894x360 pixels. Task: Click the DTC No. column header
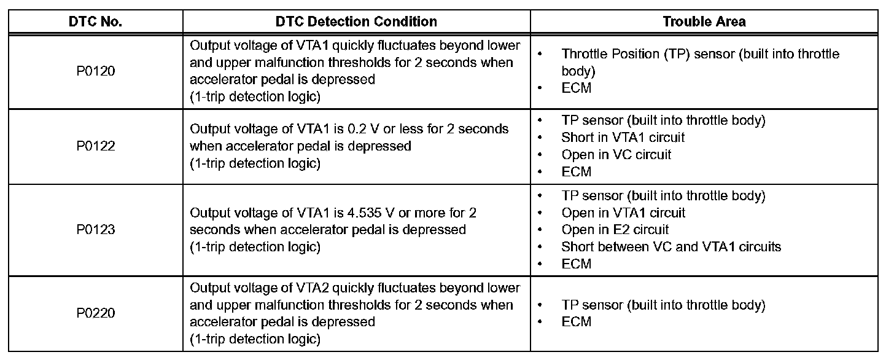pos(95,22)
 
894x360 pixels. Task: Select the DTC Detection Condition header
pos(356,22)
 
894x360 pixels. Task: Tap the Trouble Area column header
pos(704,22)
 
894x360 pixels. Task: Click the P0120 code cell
pos(95,71)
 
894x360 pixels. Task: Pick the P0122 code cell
pos(95,146)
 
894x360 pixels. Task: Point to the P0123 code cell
pos(95,230)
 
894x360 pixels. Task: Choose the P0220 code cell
pos(95,313)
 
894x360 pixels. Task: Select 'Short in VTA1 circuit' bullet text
pos(623,138)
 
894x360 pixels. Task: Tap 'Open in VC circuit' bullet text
pos(616,155)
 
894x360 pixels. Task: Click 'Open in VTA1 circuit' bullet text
pos(623,213)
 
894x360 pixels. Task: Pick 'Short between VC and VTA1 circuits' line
pos(671,247)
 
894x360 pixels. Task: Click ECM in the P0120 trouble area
pos(576,88)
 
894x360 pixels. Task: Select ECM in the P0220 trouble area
pos(576,322)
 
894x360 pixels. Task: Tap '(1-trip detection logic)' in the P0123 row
pos(255,247)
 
